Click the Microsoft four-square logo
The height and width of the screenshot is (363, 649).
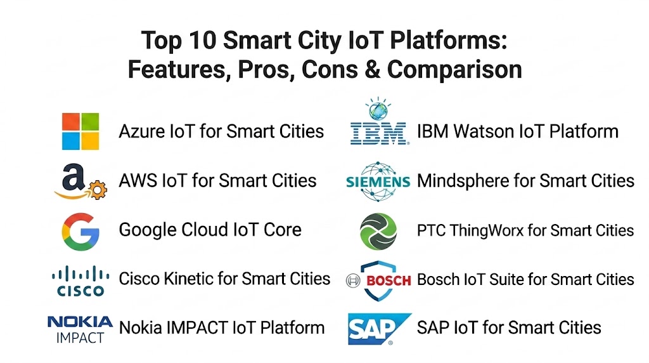click(80, 131)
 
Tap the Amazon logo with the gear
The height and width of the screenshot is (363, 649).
click(80, 181)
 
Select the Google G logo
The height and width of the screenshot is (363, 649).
click(80, 232)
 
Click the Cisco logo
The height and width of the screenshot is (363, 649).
click(80, 281)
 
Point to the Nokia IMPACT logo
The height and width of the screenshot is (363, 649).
click(80, 330)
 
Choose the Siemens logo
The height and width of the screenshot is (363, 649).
click(378, 181)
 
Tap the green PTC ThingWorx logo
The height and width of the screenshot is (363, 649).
click(378, 232)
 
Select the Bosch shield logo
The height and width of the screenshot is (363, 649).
click(379, 280)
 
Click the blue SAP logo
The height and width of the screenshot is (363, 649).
click(380, 329)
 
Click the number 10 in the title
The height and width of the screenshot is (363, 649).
click(203, 41)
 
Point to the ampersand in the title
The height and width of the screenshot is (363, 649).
click(373, 69)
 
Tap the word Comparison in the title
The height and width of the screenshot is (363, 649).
click(454, 70)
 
